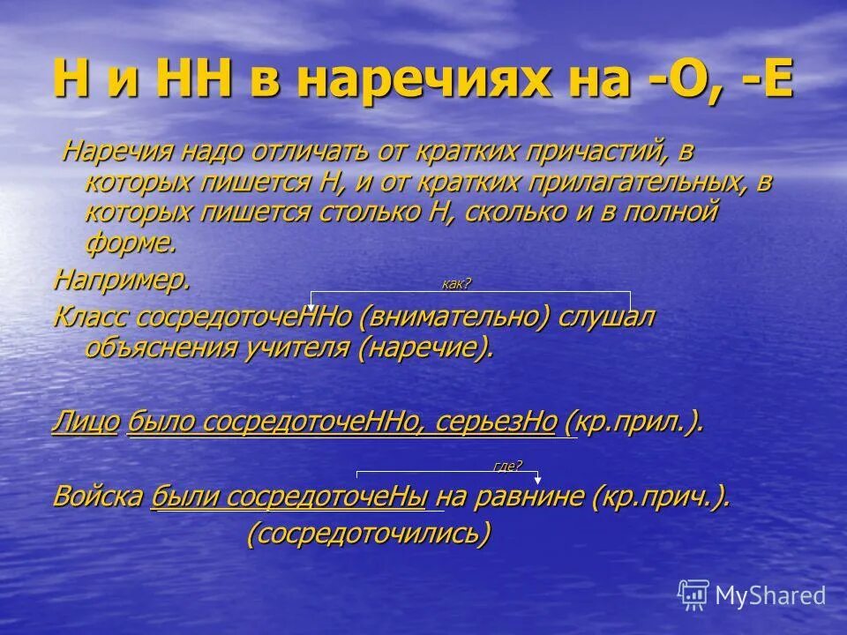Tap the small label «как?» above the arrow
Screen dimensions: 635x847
coord(456,283)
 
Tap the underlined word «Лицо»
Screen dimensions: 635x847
coord(86,422)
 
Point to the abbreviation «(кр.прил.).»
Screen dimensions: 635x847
coord(633,422)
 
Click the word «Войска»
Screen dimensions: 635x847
coord(98,497)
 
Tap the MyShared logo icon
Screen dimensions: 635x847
coord(693,595)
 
